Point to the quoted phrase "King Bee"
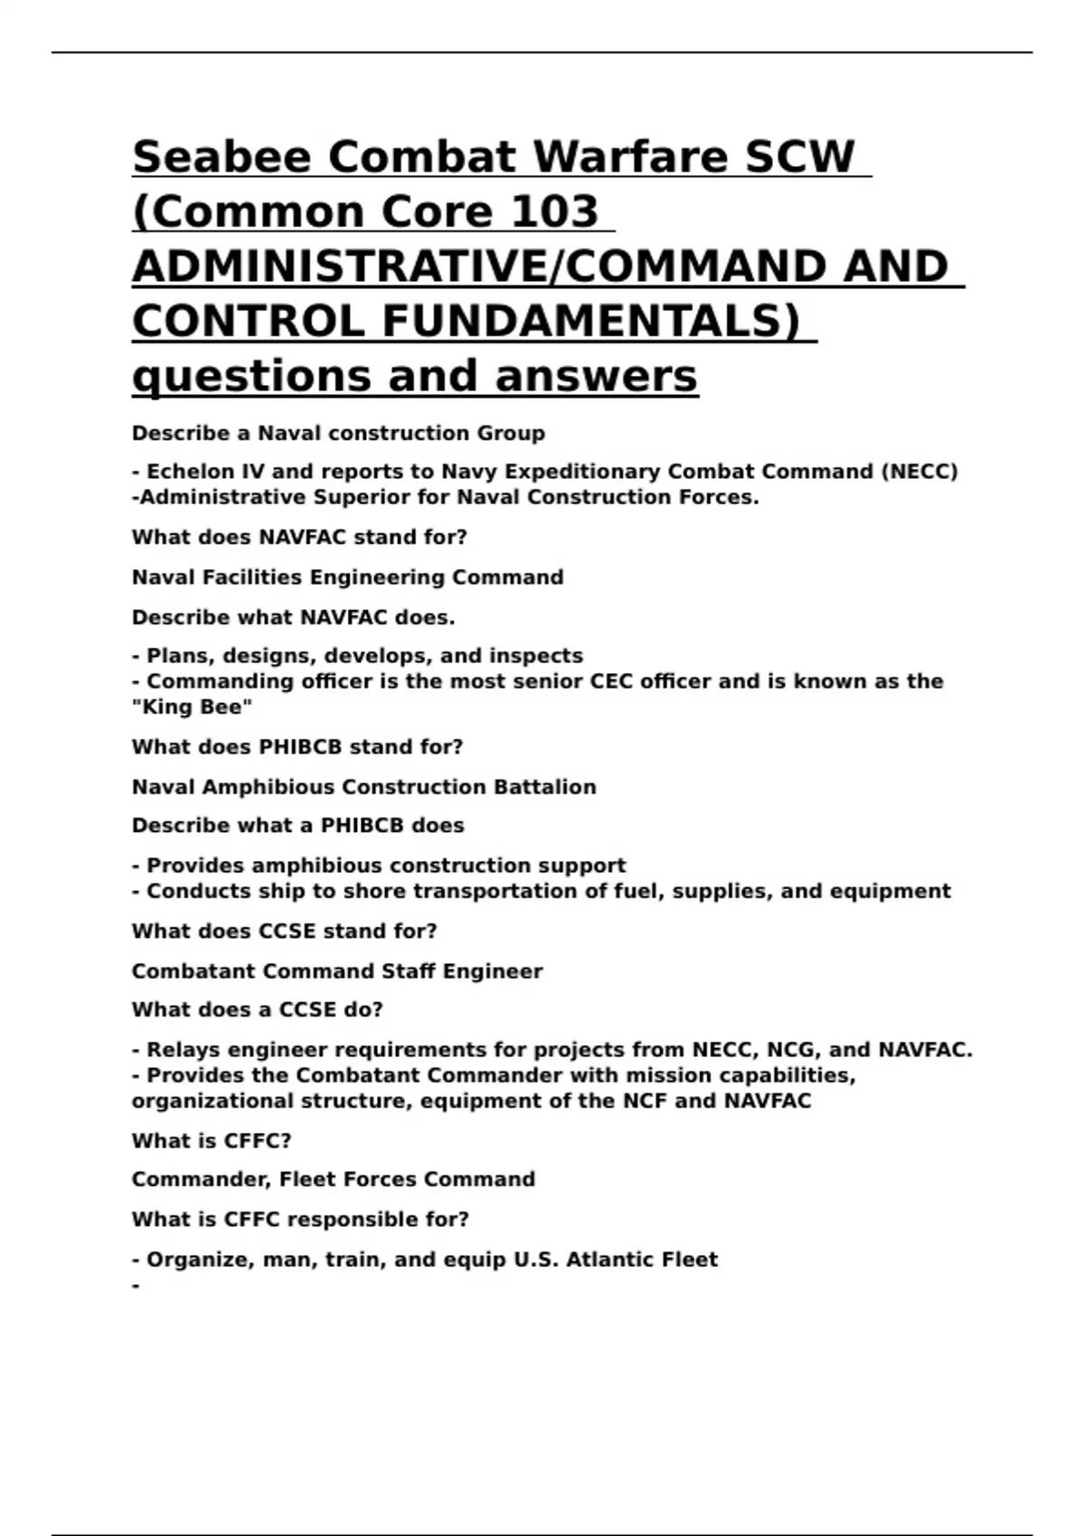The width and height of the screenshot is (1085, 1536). click(192, 707)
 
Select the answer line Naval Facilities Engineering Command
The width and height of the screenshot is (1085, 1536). click(347, 577)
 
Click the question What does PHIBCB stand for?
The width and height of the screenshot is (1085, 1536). click(297, 747)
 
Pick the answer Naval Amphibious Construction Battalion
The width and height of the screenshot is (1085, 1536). click(363, 787)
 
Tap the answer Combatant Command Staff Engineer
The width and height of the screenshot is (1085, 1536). click(337, 971)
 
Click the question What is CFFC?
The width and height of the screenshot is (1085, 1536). click(212, 1141)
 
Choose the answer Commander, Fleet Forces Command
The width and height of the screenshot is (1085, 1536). click(333, 1180)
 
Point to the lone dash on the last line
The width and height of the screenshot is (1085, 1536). click(137, 1285)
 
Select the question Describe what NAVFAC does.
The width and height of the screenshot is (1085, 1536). click(293, 618)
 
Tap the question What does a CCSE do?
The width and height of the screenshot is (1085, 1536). click(257, 1010)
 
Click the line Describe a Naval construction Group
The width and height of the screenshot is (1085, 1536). click(338, 434)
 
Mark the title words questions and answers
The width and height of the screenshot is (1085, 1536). click(415, 377)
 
